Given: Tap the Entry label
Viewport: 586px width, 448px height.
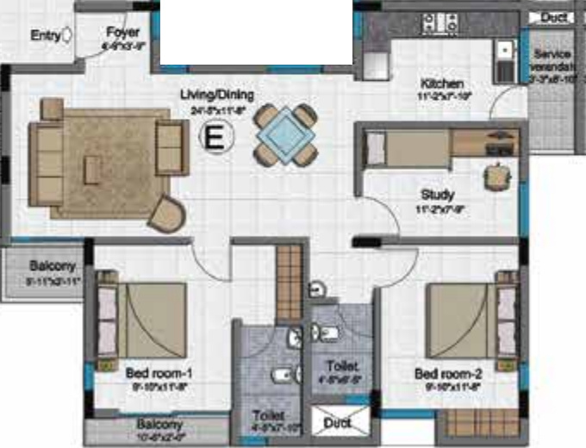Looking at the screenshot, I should pos(45,36).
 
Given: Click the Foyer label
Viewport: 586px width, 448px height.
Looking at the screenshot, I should pos(123,33).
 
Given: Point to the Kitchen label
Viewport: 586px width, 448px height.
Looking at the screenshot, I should pos(442,84).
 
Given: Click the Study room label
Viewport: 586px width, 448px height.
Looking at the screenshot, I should pos(438,195).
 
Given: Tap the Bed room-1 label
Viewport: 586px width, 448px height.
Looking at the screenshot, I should pos(158,373).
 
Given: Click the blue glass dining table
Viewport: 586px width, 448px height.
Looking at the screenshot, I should pos(284,134).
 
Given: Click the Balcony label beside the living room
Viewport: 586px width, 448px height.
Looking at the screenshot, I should pos(53,266).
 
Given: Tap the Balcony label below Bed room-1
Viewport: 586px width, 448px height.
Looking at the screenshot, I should pos(159,425).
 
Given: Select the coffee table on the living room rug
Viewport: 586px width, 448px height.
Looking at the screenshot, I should pos(93,168).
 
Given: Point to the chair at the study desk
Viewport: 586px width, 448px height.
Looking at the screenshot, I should pos(496,175).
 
